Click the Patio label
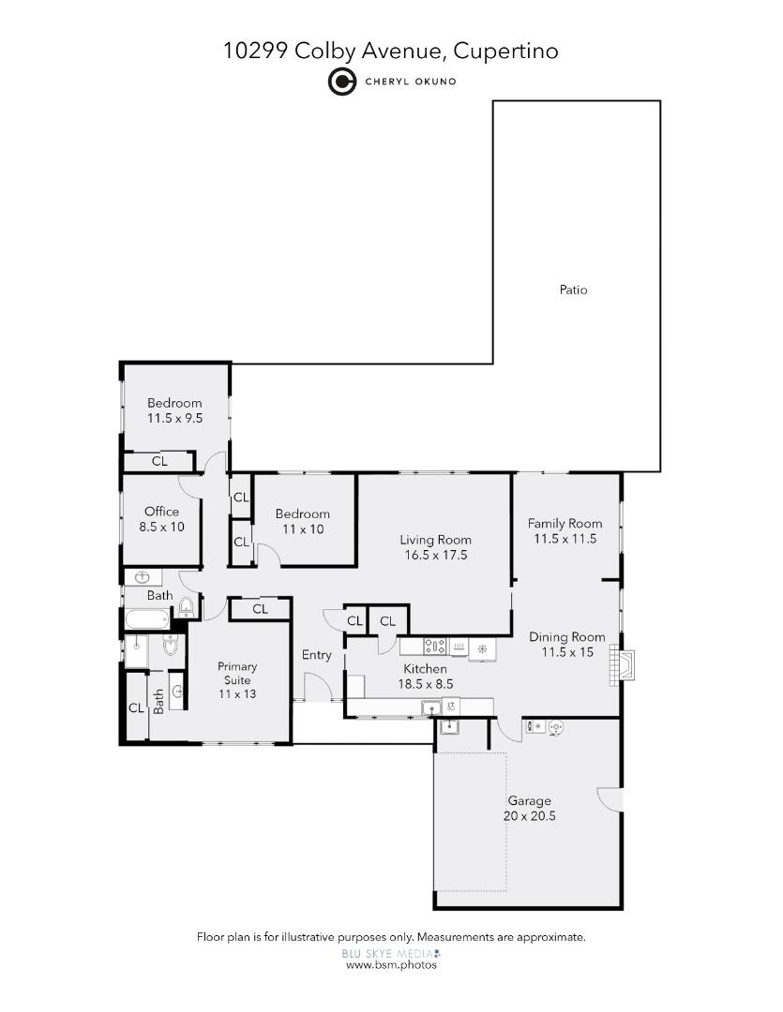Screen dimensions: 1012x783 [x=573, y=290]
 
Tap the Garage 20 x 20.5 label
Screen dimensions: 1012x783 [x=529, y=809]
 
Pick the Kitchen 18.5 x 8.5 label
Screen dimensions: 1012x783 [x=425, y=677]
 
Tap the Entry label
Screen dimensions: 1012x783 [x=316, y=655]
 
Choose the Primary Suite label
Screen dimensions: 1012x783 [x=237, y=674]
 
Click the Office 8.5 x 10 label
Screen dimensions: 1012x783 [x=161, y=519]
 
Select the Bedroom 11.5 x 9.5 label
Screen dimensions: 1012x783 [x=174, y=410]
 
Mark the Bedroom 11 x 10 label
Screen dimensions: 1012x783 [x=302, y=521]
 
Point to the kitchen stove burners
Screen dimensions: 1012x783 [x=435, y=646]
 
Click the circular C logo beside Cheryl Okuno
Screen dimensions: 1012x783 [x=341, y=82]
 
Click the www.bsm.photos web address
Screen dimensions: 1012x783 [x=391, y=965]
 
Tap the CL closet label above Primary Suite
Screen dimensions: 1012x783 [x=260, y=609]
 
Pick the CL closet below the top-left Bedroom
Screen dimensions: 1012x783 [x=159, y=461]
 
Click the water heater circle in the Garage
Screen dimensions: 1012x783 [x=554, y=727]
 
